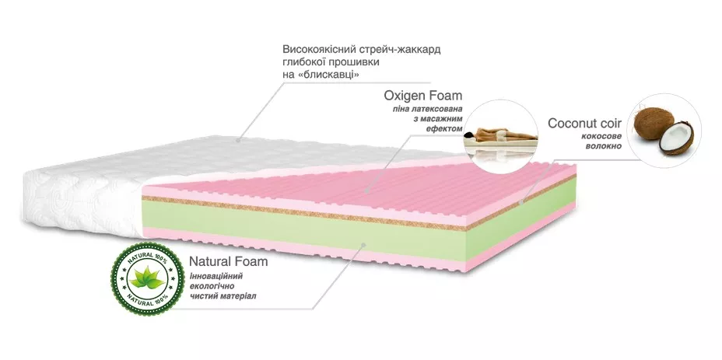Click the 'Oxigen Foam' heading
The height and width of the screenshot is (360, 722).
[x=423, y=96]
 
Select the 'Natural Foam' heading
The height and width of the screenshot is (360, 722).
[x=228, y=261]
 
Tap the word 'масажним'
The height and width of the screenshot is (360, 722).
[x=442, y=121]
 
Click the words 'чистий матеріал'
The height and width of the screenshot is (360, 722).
[x=223, y=296]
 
